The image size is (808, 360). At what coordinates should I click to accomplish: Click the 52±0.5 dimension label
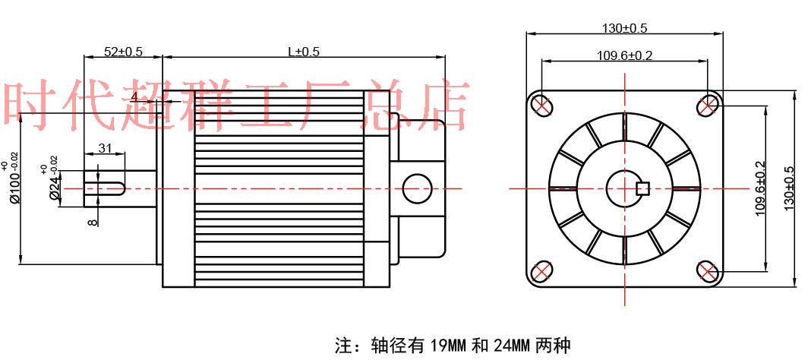(123, 52)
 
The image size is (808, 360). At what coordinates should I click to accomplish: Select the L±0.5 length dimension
(303, 52)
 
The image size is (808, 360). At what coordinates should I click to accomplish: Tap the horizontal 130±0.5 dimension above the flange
(624, 29)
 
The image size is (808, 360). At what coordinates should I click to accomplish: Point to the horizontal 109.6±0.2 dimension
(624, 55)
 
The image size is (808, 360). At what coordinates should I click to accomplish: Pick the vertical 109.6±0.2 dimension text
(761, 189)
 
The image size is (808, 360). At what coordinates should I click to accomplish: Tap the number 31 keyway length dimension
(106, 148)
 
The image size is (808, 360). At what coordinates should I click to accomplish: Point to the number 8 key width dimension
(92, 222)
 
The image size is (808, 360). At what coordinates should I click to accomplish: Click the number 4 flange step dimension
(134, 97)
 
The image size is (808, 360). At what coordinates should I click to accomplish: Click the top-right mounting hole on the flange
(708, 105)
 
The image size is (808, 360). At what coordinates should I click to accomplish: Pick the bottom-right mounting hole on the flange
(707, 271)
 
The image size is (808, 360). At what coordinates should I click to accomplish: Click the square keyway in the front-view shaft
(640, 188)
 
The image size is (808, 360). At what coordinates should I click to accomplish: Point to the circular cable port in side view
(416, 188)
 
